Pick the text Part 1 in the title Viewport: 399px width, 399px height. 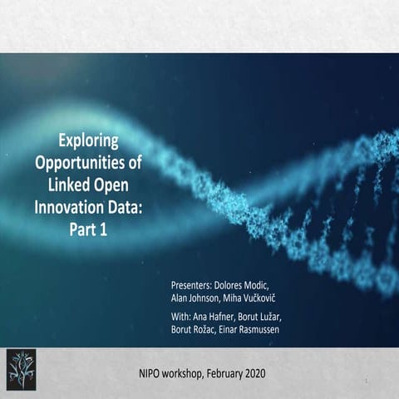[90, 224]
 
